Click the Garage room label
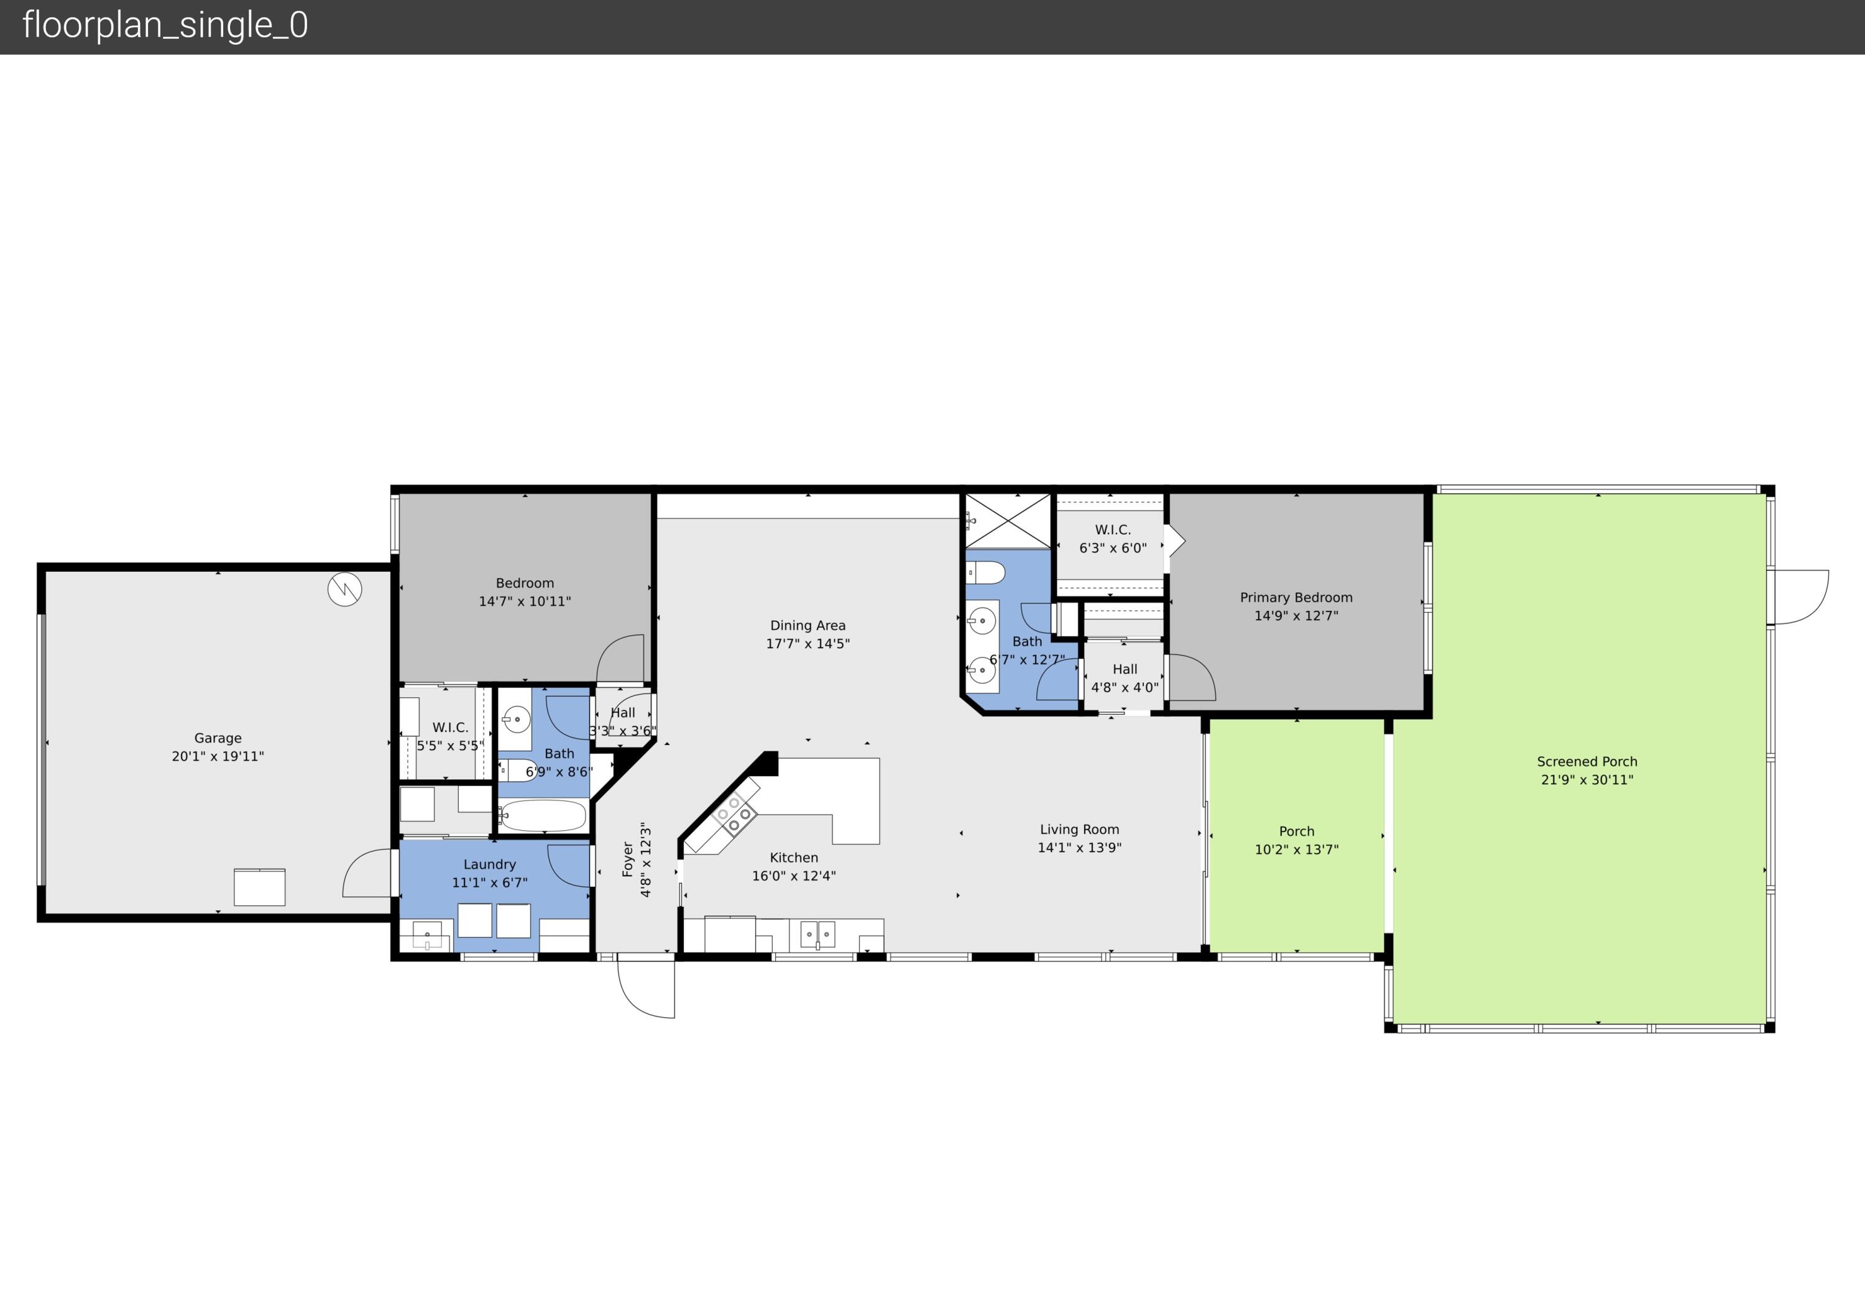pyautogui.click(x=218, y=738)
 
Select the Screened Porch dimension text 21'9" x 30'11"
pyautogui.click(x=1586, y=780)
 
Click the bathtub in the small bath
pyautogui.click(x=543, y=815)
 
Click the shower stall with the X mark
pyautogui.click(x=1007, y=521)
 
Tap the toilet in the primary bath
pyautogui.click(x=985, y=572)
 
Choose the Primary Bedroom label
pyautogui.click(x=1296, y=597)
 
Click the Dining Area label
pyautogui.click(x=808, y=625)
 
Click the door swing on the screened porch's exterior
pyautogui.click(x=1797, y=597)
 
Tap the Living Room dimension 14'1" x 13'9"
pyautogui.click(x=1079, y=847)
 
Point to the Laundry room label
pyautogui.click(x=489, y=864)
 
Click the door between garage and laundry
pyautogui.click(x=369, y=873)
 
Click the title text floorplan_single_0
pyautogui.click(x=165, y=25)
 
